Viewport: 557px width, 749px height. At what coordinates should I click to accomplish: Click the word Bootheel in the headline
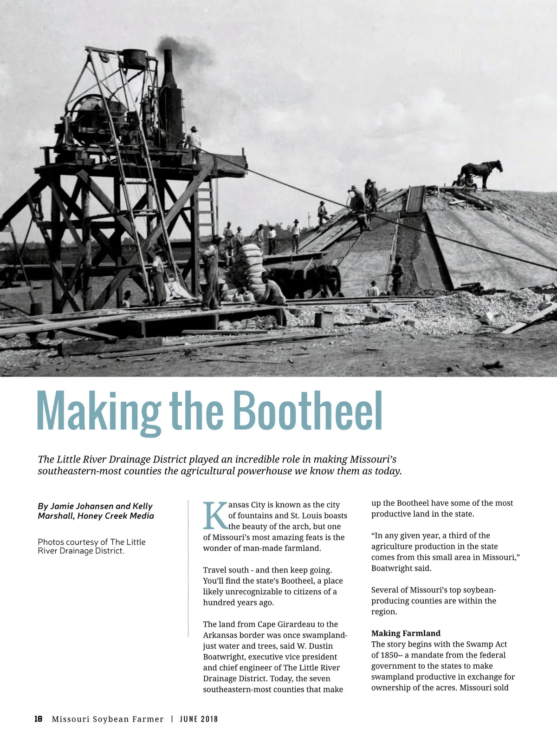click(x=307, y=411)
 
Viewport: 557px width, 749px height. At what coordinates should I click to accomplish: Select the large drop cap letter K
click(x=215, y=516)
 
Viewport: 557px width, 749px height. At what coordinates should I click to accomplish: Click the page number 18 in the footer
click(x=39, y=719)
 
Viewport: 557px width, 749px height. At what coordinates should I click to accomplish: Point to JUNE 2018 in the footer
click(x=199, y=719)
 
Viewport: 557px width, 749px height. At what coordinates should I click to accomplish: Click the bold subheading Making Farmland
click(x=406, y=633)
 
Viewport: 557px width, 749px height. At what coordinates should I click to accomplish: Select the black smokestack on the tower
click(x=168, y=70)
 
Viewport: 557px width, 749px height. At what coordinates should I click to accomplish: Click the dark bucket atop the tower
click(x=135, y=59)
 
